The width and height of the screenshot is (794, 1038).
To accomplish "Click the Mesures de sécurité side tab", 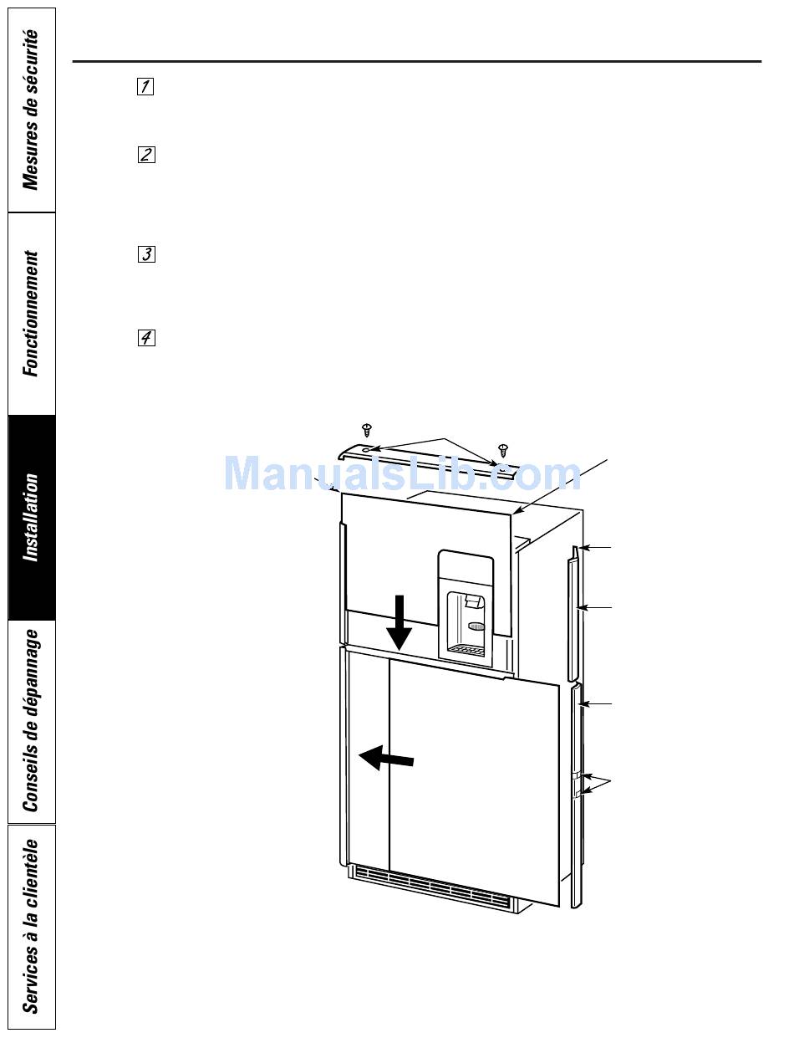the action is (x=31, y=110).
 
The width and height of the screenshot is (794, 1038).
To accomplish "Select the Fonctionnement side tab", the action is (x=31, y=314).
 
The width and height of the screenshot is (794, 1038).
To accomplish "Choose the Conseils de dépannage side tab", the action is (x=31, y=721).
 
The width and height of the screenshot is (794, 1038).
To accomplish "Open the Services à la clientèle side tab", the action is (x=31, y=926).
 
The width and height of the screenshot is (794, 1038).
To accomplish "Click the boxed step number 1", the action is (x=145, y=86).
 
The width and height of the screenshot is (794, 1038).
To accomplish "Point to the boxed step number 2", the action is (x=145, y=155).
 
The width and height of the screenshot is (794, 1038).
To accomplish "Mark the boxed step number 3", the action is (x=145, y=254).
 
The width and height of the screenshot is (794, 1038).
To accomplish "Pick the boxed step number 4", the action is (x=145, y=338).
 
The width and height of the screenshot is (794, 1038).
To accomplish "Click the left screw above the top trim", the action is (x=366, y=431).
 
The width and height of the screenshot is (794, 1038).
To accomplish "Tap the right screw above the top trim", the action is (x=503, y=451).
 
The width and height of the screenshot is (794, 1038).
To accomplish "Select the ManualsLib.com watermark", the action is (x=402, y=474).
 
